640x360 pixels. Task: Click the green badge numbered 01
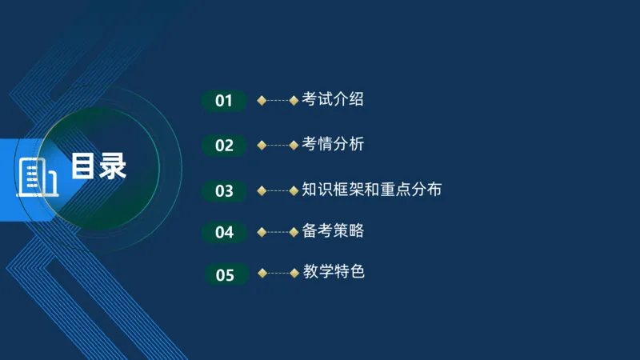224,101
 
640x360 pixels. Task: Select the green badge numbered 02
224,146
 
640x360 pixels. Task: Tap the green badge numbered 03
224,191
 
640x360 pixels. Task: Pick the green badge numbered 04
224,233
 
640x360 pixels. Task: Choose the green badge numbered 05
225,275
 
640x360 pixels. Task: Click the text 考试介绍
333,100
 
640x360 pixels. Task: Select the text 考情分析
333,145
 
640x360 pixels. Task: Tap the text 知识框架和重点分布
371,190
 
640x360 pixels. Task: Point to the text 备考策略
333,231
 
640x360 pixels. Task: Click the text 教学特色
334,272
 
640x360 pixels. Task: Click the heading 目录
98,166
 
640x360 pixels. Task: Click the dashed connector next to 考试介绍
278,101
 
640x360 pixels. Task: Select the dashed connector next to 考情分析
278,146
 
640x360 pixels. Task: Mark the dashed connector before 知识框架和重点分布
278,190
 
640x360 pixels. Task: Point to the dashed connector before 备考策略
278,232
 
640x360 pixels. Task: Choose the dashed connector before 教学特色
278,273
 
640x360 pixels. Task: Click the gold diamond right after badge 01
262,101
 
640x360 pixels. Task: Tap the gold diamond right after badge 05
262,273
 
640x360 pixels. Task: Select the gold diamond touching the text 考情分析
294,146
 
